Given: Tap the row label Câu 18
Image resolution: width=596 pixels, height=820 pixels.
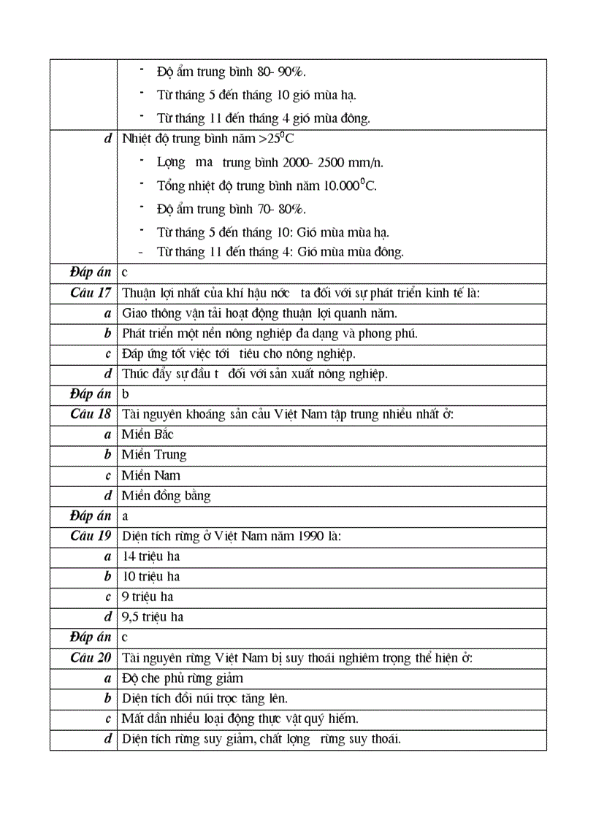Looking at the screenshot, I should [x=91, y=414].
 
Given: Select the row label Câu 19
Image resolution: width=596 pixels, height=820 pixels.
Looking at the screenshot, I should [x=91, y=535].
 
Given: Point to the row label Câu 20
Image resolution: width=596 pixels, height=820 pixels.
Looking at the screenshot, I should [x=91, y=657].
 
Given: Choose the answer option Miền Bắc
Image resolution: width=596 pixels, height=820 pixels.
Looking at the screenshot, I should [x=148, y=434].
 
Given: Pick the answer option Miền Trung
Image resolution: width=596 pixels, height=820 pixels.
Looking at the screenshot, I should [x=154, y=455].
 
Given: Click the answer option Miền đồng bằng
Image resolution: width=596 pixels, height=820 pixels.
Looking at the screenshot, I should [x=166, y=496].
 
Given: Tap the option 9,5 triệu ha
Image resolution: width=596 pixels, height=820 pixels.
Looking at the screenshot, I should [x=153, y=617].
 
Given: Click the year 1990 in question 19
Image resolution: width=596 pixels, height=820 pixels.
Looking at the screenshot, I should [x=306, y=536].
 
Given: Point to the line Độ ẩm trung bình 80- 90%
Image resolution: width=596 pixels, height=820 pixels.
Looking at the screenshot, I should [x=231, y=72].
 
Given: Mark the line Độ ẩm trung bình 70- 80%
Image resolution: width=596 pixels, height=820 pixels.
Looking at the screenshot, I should [x=231, y=209].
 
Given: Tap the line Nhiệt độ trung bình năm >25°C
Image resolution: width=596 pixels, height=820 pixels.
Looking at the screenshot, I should [x=207, y=138].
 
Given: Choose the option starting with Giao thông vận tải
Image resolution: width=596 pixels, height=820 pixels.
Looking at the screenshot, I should [x=259, y=313].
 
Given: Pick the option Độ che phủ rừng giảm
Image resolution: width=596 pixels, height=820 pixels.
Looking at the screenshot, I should [x=182, y=678].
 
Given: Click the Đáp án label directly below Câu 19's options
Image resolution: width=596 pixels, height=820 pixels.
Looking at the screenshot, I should [x=91, y=637].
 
